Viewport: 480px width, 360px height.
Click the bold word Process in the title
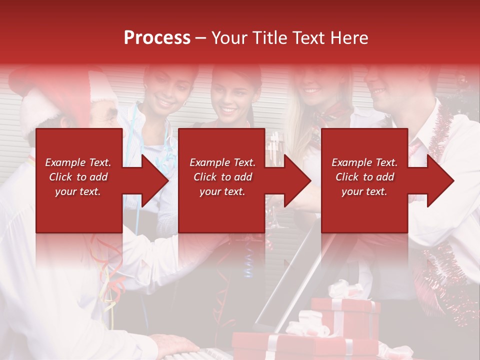[157, 38]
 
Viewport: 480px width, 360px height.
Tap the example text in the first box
[78, 177]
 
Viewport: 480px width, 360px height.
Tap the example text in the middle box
[222, 177]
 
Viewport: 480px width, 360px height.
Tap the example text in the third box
[364, 177]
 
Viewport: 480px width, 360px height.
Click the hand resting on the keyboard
[175, 344]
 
